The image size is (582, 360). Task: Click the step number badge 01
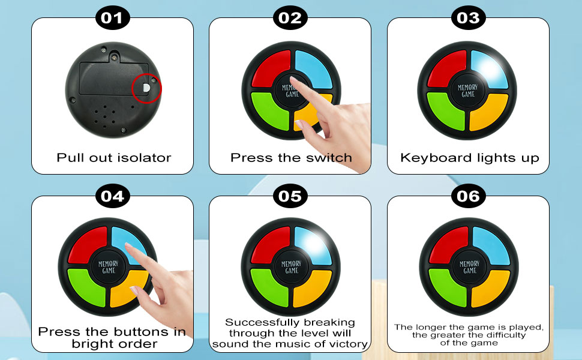point(113,18)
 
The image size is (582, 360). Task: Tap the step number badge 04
point(113,196)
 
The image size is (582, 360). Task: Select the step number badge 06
point(468,196)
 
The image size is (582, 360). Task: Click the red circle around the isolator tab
point(147,88)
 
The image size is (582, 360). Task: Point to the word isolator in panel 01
point(143,158)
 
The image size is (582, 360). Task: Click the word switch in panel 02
point(330,158)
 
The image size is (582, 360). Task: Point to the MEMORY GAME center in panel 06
point(468,268)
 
